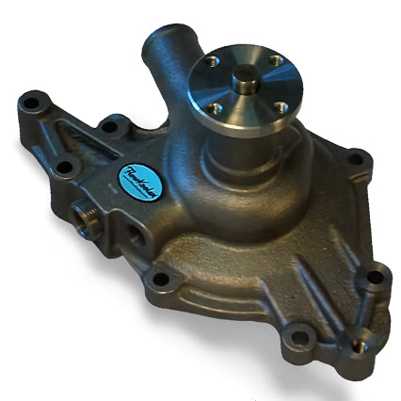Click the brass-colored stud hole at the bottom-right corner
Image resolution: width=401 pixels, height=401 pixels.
(359, 346)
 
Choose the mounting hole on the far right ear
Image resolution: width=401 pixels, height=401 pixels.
(375, 278)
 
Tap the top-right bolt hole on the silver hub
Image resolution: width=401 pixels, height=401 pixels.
(273, 61)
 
